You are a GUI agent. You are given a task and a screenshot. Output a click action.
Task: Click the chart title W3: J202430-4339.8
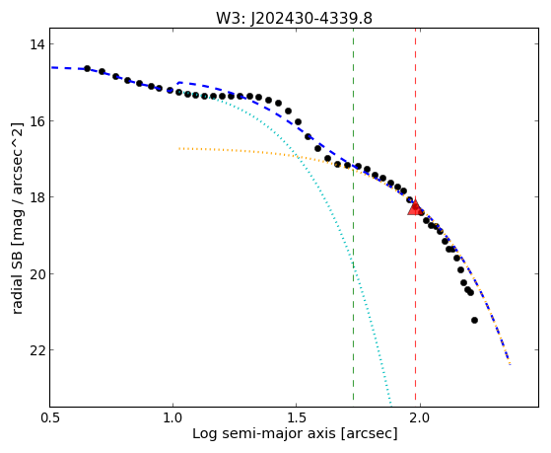point(294,19)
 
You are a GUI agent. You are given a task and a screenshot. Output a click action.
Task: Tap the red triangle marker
point(415,207)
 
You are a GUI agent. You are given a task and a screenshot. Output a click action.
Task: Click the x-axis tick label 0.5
point(50,417)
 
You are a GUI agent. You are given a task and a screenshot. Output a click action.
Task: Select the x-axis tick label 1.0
point(172,417)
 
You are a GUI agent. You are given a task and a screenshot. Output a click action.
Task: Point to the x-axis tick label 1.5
point(297,417)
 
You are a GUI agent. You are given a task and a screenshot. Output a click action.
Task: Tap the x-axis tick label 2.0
point(420,417)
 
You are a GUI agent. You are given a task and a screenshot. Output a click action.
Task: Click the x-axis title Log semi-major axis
point(264,433)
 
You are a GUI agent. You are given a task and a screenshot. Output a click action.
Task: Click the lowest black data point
point(474,321)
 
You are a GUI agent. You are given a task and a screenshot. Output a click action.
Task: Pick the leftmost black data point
point(87,68)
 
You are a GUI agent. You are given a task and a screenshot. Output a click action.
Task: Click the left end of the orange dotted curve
point(178,149)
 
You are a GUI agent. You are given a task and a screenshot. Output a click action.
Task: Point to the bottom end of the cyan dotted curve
point(390,404)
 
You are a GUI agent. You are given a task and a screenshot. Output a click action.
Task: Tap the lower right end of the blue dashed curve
point(510,364)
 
